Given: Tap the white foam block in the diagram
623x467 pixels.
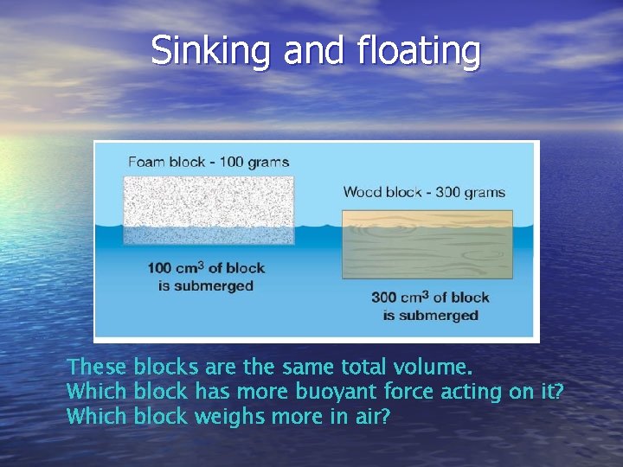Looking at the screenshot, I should (209, 206).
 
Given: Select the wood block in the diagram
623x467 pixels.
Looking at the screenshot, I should (427, 245).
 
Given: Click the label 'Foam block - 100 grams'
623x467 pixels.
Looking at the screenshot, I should (209, 162).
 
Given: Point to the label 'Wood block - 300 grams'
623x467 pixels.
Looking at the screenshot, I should (424, 192).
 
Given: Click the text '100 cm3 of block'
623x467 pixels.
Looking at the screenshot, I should (206, 268).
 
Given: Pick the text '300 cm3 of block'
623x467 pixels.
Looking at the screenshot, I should (430, 297).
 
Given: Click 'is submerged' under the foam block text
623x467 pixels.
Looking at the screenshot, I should (206, 285).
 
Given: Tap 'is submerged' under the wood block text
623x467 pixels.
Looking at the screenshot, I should (430, 315).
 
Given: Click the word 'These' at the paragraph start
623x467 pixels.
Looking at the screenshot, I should (97, 367).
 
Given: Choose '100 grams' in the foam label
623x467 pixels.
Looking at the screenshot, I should (257, 162).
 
